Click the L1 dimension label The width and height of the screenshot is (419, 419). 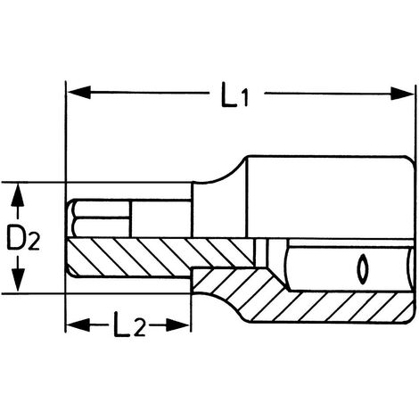coord(234,94)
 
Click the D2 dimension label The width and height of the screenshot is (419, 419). coord(23,238)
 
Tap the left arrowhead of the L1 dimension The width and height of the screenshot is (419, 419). coord(79,93)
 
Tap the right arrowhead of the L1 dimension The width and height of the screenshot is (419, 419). coord(402,94)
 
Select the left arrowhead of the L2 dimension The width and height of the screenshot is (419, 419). coord(78,325)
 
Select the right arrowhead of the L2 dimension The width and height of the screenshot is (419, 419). coord(177,325)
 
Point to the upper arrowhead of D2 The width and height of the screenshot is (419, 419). coord(18,194)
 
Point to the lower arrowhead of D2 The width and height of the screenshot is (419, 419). coord(18,280)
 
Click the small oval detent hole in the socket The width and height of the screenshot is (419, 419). coord(362,268)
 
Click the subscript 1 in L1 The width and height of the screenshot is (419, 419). coord(244,99)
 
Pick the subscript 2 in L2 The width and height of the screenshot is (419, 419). coord(140,328)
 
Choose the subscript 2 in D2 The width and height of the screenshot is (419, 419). coord(34,242)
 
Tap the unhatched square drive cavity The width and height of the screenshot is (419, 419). coord(349,268)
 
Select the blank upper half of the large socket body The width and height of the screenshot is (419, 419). coord(330,197)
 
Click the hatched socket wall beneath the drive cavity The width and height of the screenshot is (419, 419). coord(327,307)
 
